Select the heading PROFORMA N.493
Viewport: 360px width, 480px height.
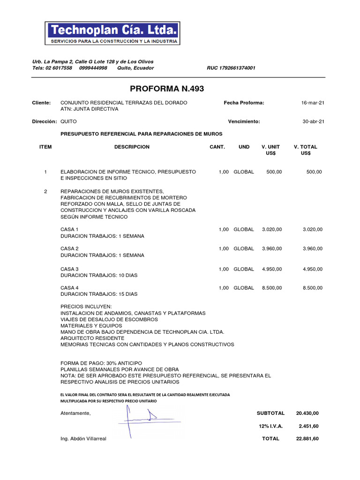pyautogui.click(x=167, y=89)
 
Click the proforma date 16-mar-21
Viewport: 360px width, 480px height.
pyautogui.click(x=313, y=103)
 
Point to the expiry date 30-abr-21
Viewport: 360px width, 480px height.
pyautogui.click(x=313, y=121)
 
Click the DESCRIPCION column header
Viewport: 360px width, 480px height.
pyautogui.click(x=132, y=147)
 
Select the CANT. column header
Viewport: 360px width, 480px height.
pyautogui.click(x=217, y=147)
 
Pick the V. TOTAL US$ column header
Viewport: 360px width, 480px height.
pyautogui.click(x=305, y=150)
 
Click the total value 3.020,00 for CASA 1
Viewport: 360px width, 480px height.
pyautogui.click(x=312, y=229)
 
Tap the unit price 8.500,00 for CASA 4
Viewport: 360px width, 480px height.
pyautogui.click(x=272, y=288)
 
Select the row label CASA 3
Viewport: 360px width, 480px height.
pyautogui.click(x=69, y=269)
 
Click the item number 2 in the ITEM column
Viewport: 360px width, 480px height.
pyautogui.click(x=45, y=191)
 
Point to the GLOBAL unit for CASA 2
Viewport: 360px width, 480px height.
pyautogui.click(x=244, y=248)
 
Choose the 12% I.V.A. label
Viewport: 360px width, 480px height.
pyautogui.click(x=270, y=426)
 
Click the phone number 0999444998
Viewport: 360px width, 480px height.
pyautogui.click(x=93, y=68)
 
